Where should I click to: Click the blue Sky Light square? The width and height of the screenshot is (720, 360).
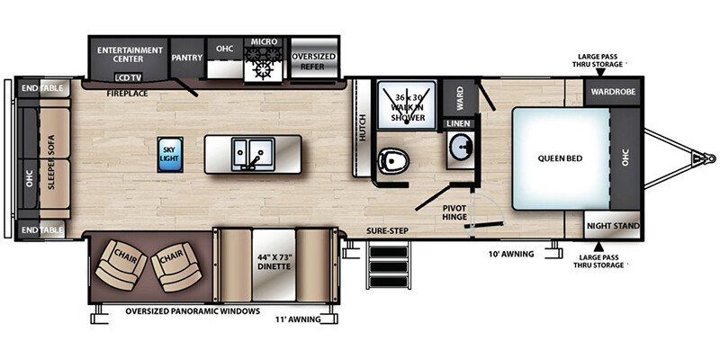pos(169,154)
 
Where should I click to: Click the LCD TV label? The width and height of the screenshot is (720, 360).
pos(128,77)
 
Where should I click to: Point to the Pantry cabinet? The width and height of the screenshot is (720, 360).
pos(187,58)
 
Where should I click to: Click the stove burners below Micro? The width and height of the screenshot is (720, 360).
pos(263,63)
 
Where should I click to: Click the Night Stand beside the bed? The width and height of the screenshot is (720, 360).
pos(613,225)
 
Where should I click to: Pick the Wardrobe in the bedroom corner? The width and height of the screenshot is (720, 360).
pos(613,92)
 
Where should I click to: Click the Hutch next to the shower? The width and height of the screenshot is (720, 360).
pos(363,127)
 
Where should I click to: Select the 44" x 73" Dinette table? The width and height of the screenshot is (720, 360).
pos(274,265)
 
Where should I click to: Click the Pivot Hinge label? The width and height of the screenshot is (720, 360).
pos(454,212)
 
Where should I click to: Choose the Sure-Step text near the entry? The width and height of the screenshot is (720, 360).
pos(387,230)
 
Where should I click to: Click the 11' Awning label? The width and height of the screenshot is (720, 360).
pos(297,319)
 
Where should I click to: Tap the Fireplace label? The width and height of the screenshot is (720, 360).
pos(127,94)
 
